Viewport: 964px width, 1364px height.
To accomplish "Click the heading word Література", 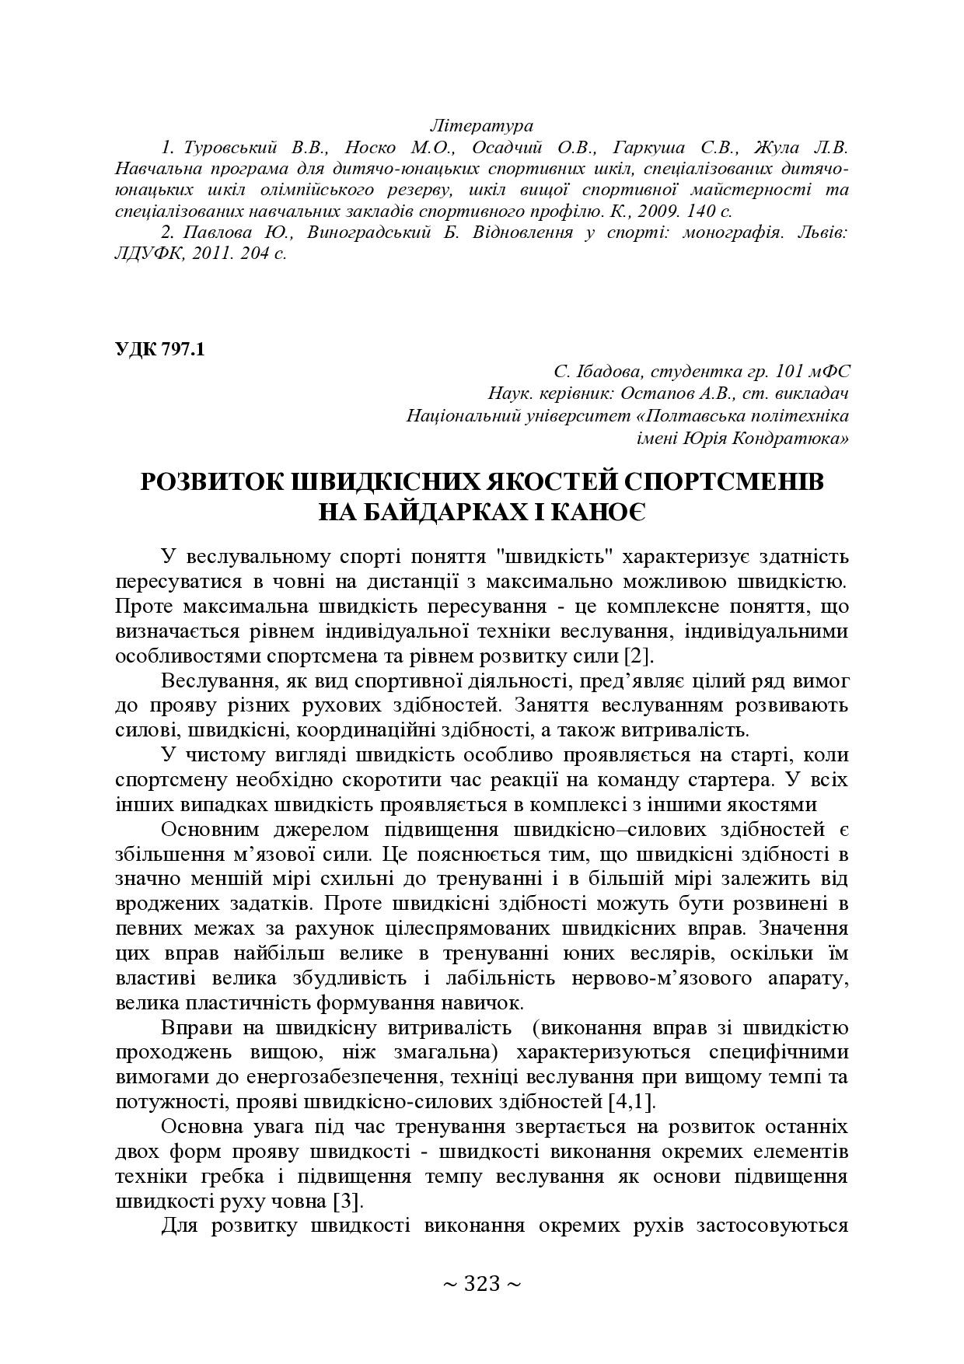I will pos(481,125).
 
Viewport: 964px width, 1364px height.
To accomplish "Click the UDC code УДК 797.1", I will pos(159,349).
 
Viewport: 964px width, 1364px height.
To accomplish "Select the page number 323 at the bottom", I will pos(481,1283).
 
